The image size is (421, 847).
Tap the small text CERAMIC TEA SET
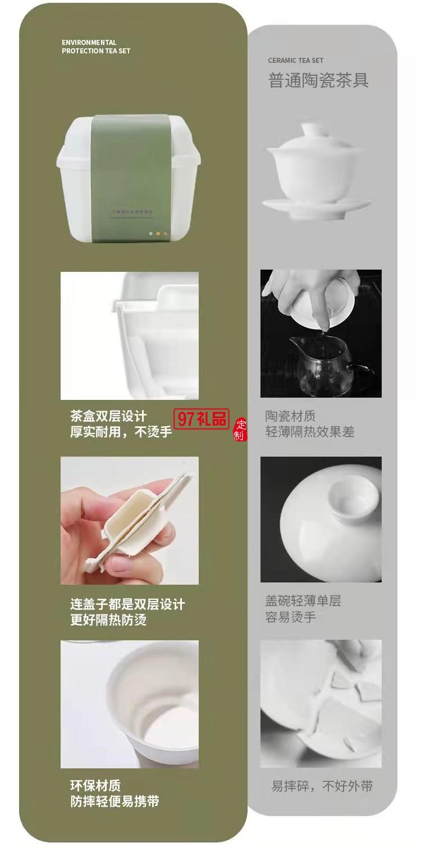[295, 61]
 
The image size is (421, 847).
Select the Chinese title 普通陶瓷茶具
[318, 80]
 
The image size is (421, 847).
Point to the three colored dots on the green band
[158, 233]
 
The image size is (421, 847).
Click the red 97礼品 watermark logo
[203, 418]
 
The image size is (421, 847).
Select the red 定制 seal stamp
[240, 430]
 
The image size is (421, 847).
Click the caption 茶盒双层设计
[108, 416]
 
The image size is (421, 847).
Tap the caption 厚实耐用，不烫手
[121, 432]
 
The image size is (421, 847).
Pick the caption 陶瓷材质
[290, 416]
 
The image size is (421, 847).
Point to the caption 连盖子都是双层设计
[127, 605]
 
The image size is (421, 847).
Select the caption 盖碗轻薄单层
[303, 602]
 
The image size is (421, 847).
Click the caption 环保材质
[95, 786]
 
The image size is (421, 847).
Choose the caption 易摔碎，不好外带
[322, 786]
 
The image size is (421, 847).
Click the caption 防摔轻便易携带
[115, 802]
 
